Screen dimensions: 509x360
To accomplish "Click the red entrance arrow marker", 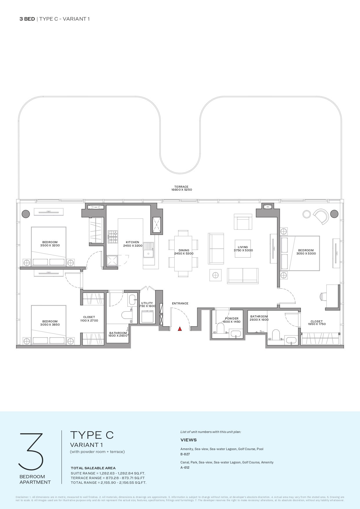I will [x=180, y=329].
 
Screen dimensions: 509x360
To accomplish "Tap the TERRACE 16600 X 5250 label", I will [x=181, y=188].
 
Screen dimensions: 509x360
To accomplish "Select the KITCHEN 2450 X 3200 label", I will [x=133, y=244].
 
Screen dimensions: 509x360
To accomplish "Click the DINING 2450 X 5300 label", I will [x=184, y=252].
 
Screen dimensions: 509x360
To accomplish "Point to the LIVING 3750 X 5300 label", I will [x=243, y=249].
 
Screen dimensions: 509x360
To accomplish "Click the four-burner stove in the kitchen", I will [x=113, y=237].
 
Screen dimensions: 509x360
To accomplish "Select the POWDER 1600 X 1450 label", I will [x=231, y=320].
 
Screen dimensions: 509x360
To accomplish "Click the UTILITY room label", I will [x=147, y=304].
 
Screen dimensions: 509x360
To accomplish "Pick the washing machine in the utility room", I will [x=147, y=316].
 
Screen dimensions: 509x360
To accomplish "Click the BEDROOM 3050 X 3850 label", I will [x=50, y=323].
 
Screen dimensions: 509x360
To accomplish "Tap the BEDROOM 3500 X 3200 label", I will [x=50, y=244].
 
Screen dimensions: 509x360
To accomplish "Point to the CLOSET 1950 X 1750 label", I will [x=316, y=323].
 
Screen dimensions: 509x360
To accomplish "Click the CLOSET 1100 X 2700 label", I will [x=89, y=319].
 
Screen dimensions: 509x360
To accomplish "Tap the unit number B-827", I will [x=185, y=454].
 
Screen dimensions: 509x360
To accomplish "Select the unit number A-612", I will [x=185, y=468].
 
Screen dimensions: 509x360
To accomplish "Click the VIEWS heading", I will [x=189, y=440].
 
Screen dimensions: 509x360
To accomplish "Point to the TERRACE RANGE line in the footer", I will [x=108, y=478].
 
